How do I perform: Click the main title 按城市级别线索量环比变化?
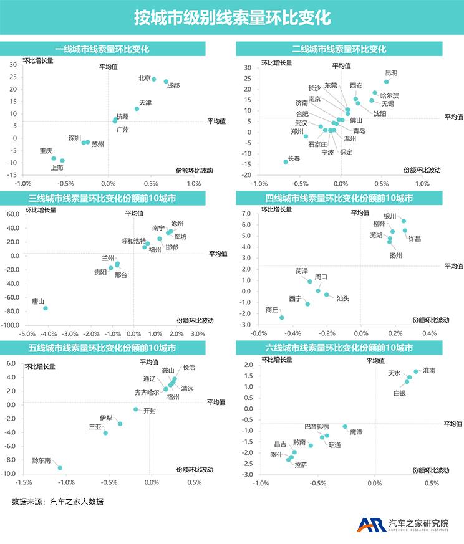tap(232, 17)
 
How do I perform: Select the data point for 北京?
tap(153, 79)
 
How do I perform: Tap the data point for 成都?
tap(166, 82)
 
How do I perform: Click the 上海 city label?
tap(57, 168)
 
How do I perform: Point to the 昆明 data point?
tap(386, 82)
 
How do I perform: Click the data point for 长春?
tap(286, 161)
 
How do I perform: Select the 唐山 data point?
tap(45, 308)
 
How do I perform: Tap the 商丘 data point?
tap(281, 318)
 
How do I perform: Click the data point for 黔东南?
tap(60, 468)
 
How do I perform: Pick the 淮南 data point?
tap(416, 371)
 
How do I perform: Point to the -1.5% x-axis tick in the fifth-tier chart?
tap(24, 482)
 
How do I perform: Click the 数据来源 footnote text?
tap(57, 502)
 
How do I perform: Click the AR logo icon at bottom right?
tap(370, 525)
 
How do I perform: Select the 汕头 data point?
tap(326, 295)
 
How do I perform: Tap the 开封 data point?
tap(135, 409)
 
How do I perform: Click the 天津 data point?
tap(137, 109)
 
